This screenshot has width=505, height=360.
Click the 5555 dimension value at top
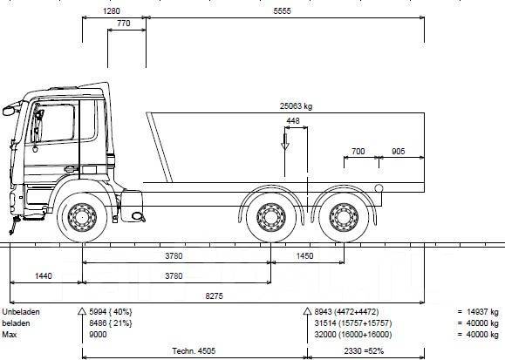pos(282,11)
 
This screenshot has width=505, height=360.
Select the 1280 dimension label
pos(112,11)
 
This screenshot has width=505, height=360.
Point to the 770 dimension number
pos(124,24)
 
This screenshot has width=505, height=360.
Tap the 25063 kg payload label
pos(296,106)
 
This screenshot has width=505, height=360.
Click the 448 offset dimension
pos(293,121)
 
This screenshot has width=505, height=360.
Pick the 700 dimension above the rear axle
pos(358,152)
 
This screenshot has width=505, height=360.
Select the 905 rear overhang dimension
pos(398,152)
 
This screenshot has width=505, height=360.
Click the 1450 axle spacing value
pos(304,256)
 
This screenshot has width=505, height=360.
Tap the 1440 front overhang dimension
pos(43,276)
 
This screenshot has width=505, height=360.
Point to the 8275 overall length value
pos(215,295)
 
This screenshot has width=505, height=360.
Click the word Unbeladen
pos(21,312)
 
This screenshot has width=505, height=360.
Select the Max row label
pos(10,335)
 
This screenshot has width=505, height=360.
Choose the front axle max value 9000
pos(98,335)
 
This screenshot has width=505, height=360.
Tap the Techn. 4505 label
pos(194,351)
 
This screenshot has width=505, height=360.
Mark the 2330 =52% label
pos(364,351)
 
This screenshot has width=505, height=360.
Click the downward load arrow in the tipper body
pos(284,142)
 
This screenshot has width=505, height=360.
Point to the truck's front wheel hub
pos(82,217)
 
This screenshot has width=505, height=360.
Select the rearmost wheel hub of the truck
pos(344,217)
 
